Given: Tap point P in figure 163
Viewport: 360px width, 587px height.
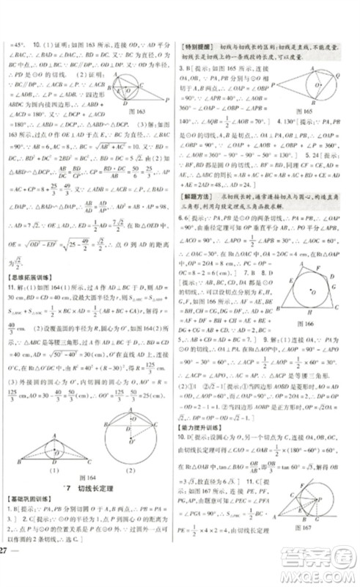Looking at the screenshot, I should click(168, 99).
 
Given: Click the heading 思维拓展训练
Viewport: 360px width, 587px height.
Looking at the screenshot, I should click(27, 277).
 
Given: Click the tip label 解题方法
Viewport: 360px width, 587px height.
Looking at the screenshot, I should click(200, 199).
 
